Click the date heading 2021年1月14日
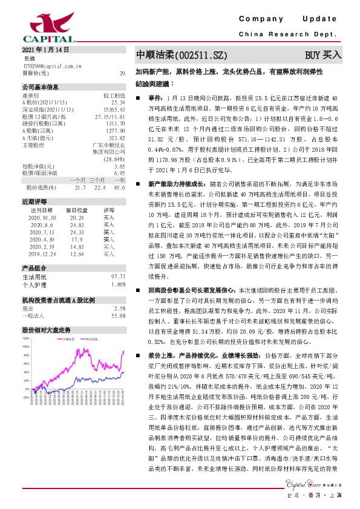(45, 50)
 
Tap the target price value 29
(122, 73)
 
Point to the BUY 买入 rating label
(323, 55)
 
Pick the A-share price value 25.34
(118, 103)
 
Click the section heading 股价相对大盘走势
(46, 330)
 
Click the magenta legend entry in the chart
(67, 340)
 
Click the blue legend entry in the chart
(91, 340)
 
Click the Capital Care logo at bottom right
(315, 484)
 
